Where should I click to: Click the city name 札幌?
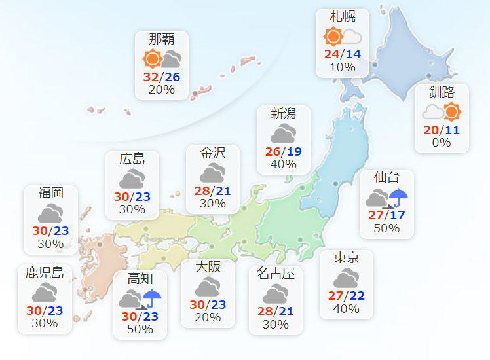[343, 17]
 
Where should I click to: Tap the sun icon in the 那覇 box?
[153, 60]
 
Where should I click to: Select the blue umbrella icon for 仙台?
[398, 196]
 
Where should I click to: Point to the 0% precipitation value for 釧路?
[442, 142]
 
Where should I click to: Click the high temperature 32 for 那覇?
[151, 77]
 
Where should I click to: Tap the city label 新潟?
[283, 114]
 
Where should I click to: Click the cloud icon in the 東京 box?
[346, 278]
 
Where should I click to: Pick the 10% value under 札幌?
[343, 67]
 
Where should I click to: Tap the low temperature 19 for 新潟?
[293, 152]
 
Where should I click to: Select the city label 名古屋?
[276, 274]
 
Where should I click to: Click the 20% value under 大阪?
[208, 317]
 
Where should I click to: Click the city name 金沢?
[213, 153]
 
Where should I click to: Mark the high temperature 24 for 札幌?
[331, 54]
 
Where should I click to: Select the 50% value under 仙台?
[386, 228]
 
